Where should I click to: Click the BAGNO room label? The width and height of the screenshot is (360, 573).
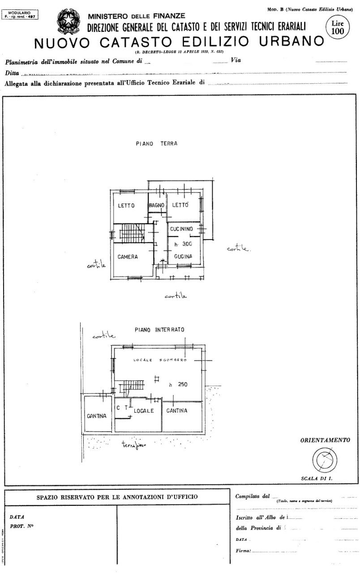point(157,205)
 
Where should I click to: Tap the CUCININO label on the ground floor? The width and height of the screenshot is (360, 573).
point(181,229)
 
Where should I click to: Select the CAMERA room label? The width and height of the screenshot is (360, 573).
point(128,257)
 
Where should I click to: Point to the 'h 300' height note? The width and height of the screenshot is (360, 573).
point(183,244)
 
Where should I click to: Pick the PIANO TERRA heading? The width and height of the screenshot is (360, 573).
point(157,144)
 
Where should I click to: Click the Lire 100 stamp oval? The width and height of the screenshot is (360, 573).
point(335,28)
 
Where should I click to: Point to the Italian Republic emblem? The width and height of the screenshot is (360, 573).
point(69,22)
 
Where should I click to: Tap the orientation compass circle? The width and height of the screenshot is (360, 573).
point(324,459)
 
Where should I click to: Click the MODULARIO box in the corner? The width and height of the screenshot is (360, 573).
point(20,15)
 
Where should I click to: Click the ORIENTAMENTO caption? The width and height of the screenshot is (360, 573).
point(325,440)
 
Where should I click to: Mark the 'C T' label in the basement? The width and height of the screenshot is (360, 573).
point(122,408)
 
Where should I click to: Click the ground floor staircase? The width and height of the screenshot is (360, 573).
point(132,233)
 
